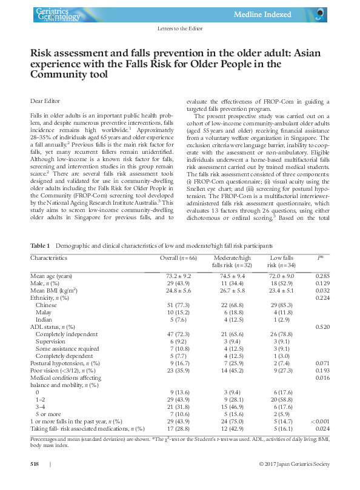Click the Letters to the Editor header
pos(179,29)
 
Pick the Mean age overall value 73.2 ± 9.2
pos(178,276)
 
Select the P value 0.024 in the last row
pos(321,428)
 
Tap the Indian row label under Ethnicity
pos(44,319)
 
